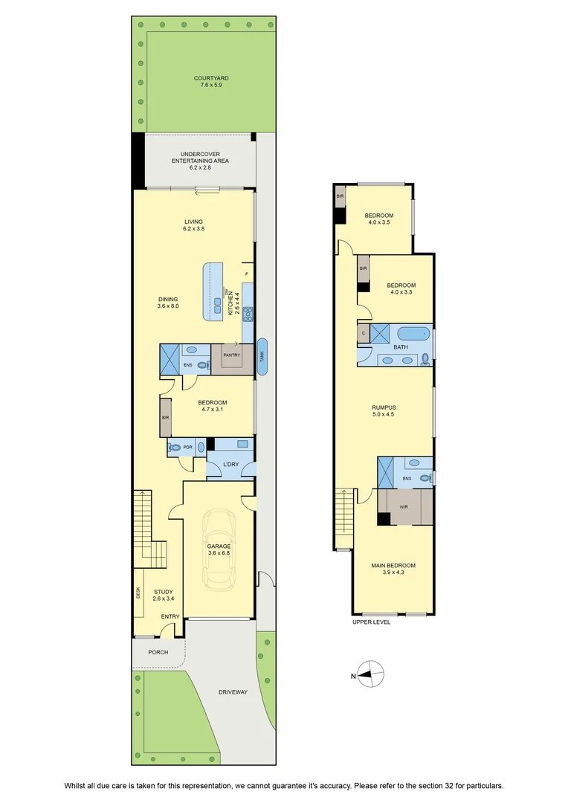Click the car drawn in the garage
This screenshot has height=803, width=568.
coord(219,549)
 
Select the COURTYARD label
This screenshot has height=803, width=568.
coord(211,78)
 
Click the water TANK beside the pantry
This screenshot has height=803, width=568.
coord(262,356)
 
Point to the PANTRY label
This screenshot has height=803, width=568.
coord(231,355)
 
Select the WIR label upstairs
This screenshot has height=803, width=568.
coord(404,507)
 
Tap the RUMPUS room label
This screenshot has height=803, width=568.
coord(384,407)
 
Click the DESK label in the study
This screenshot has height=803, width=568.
coord(138,593)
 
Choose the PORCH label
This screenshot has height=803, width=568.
coord(158,652)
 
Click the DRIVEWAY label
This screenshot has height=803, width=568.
coord(233,692)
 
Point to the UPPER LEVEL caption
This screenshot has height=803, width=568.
coord(371,622)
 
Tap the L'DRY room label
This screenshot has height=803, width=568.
coord(231,465)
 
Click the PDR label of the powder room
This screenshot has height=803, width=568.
coord(187,447)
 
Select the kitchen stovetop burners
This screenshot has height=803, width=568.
coord(248,313)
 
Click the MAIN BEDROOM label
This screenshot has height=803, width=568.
coord(393,565)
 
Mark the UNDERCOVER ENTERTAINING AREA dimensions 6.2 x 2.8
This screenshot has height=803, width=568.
coord(200,167)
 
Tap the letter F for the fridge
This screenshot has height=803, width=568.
coord(246,274)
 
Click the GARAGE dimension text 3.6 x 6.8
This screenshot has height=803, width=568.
coord(219,553)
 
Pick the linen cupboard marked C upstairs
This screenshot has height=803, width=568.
coord(364,333)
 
